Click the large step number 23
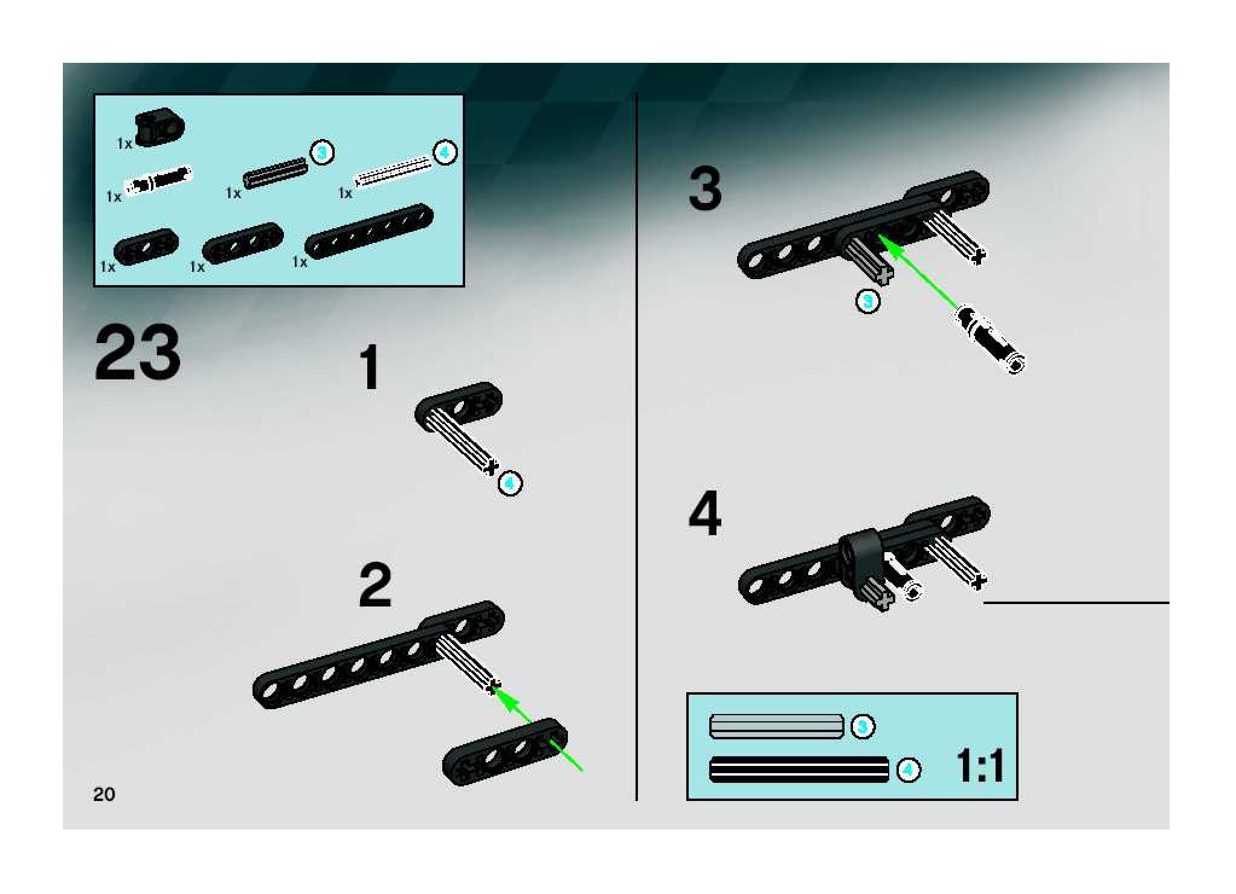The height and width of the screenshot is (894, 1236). pos(138,353)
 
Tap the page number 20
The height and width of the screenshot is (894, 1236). pos(104,794)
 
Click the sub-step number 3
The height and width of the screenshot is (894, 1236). pos(705,190)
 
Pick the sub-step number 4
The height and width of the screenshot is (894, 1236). pos(705,514)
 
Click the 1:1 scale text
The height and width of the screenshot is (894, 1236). pos(979,767)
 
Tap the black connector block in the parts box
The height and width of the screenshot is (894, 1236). pos(159,126)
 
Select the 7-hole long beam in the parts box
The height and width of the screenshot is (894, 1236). pos(369,231)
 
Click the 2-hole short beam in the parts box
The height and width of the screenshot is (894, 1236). pos(146,246)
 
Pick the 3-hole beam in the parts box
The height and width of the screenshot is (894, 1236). pos(243,242)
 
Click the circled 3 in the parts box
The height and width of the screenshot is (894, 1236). pos(323,153)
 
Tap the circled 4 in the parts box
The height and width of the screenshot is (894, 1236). pos(445,153)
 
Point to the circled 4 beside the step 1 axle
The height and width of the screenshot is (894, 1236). pos(510,483)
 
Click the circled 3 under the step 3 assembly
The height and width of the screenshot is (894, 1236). pos(868,301)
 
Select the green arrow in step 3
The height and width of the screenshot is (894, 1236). pos(918,272)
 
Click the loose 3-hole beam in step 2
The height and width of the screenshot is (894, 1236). pos(505,752)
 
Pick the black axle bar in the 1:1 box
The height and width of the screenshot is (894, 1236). pos(799,770)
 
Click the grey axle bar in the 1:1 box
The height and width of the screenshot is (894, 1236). pos(776,726)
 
